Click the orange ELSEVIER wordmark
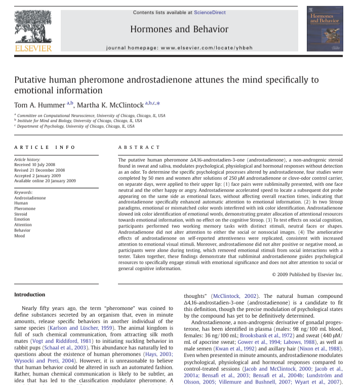coord(33,49)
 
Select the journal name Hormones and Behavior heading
coord(179,29)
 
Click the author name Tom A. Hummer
coord(39,105)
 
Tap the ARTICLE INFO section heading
coord(45,147)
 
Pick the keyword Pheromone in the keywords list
coord(25,209)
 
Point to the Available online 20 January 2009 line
coord(45,181)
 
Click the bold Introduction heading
coord(29,294)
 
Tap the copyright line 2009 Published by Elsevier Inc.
coord(307,275)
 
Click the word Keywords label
coord(24,192)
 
